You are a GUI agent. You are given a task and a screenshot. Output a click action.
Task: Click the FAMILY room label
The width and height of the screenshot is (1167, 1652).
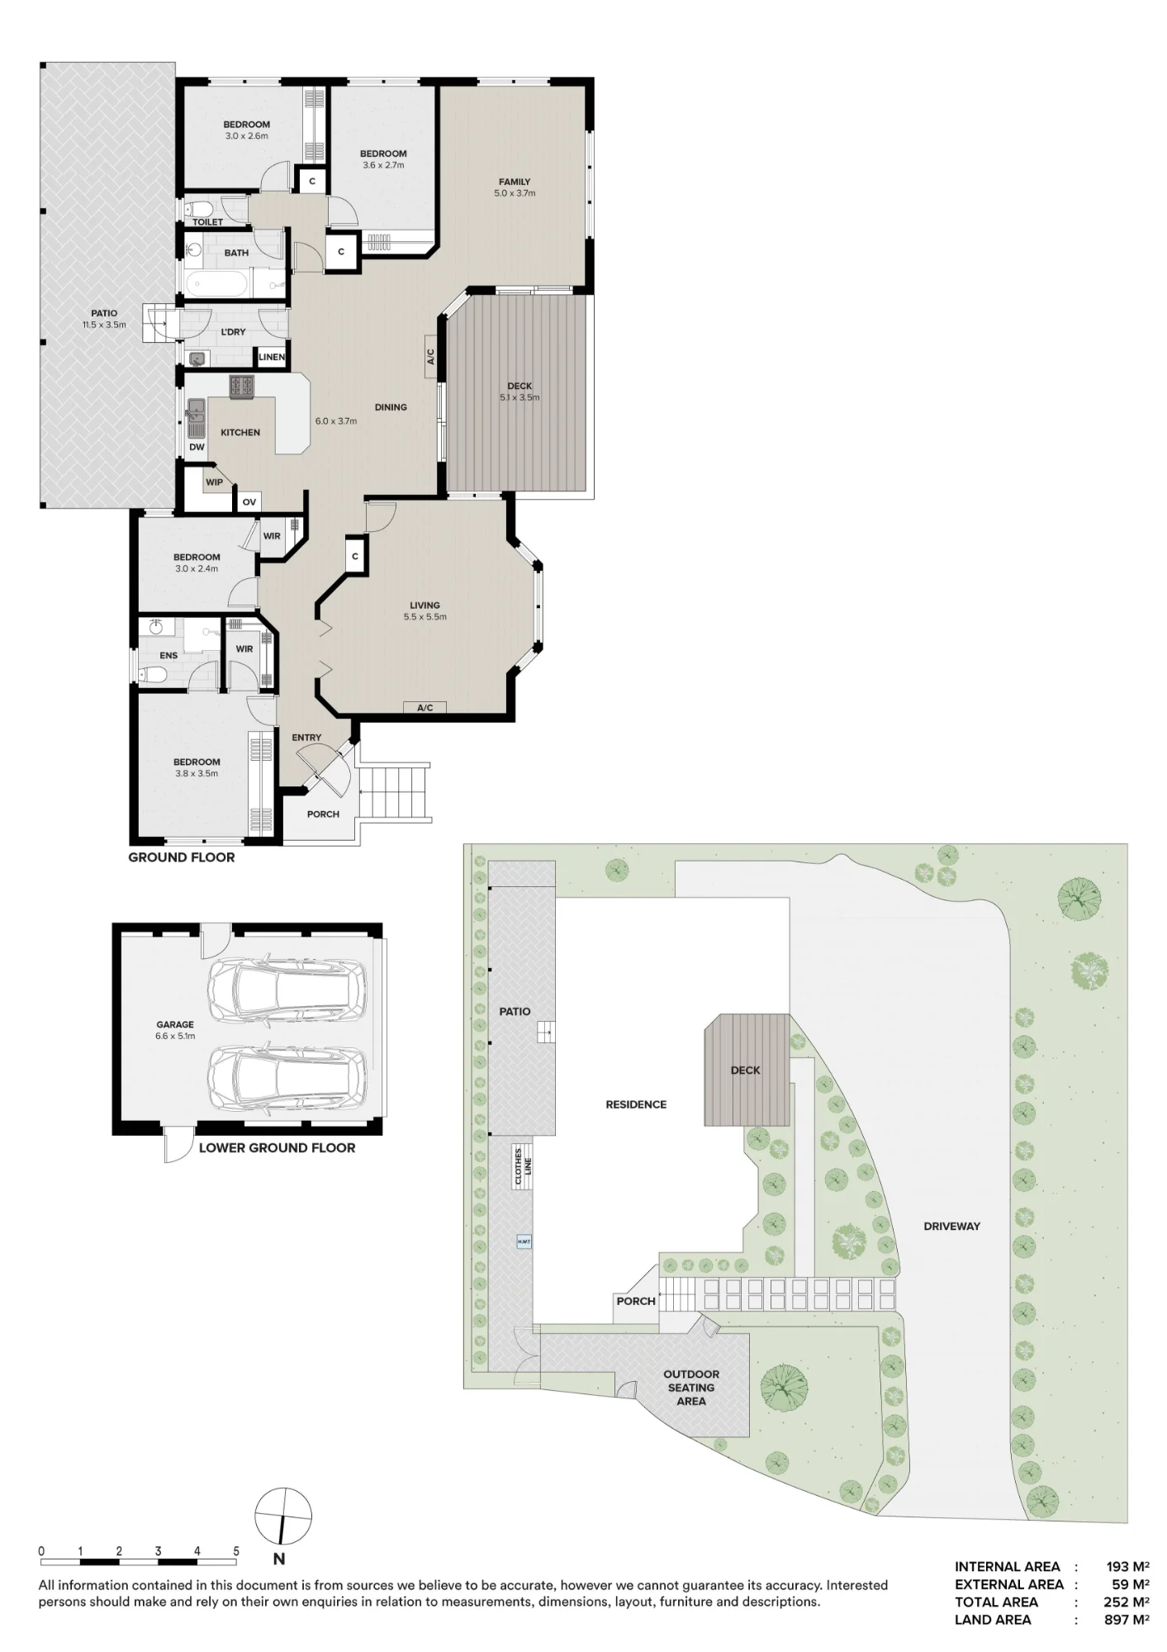[x=515, y=182]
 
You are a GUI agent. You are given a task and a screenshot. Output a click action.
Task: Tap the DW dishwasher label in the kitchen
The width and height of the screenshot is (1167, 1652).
[x=197, y=448]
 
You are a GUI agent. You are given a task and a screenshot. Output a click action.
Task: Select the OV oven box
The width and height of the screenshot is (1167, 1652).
[x=249, y=501]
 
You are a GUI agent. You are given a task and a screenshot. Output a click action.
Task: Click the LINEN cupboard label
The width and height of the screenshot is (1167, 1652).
[x=272, y=358]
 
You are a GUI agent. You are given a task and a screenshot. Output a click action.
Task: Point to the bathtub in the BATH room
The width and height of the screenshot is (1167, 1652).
[x=216, y=285]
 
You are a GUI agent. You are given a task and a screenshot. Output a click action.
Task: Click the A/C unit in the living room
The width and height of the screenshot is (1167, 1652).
[x=425, y=708]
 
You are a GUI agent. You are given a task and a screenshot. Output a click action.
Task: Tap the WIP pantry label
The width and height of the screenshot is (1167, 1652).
[x=214, y=482]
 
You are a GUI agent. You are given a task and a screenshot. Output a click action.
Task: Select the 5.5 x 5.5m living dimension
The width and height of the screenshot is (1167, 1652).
[x=425, y=617]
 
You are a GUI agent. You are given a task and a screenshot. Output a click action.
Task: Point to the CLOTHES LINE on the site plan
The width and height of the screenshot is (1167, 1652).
[x=524, y=1166]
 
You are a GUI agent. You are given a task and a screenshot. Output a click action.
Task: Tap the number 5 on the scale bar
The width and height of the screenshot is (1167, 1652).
[x=236, y=1551]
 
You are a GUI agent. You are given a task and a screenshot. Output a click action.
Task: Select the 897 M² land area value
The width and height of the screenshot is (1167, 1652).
[x=1127, y=1620]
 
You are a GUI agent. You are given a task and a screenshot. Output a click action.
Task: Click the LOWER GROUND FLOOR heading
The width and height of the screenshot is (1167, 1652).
[x=277, y=1148]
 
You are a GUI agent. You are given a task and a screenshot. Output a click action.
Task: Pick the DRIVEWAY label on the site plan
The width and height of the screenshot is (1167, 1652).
[x=951, y=1227]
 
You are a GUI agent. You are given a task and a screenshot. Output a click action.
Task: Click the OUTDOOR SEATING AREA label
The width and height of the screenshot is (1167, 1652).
[x=691, y=1388]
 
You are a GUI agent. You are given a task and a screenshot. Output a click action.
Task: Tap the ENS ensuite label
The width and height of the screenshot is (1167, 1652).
[x=168, y=656]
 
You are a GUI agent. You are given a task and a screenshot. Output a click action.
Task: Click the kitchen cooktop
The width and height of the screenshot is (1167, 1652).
[x=242, y=386]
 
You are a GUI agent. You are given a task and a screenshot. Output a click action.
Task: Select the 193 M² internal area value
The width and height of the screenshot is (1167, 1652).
[x=1128, y=1567]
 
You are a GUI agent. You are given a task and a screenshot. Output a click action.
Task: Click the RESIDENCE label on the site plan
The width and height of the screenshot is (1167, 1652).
[x=636, y=1104]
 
